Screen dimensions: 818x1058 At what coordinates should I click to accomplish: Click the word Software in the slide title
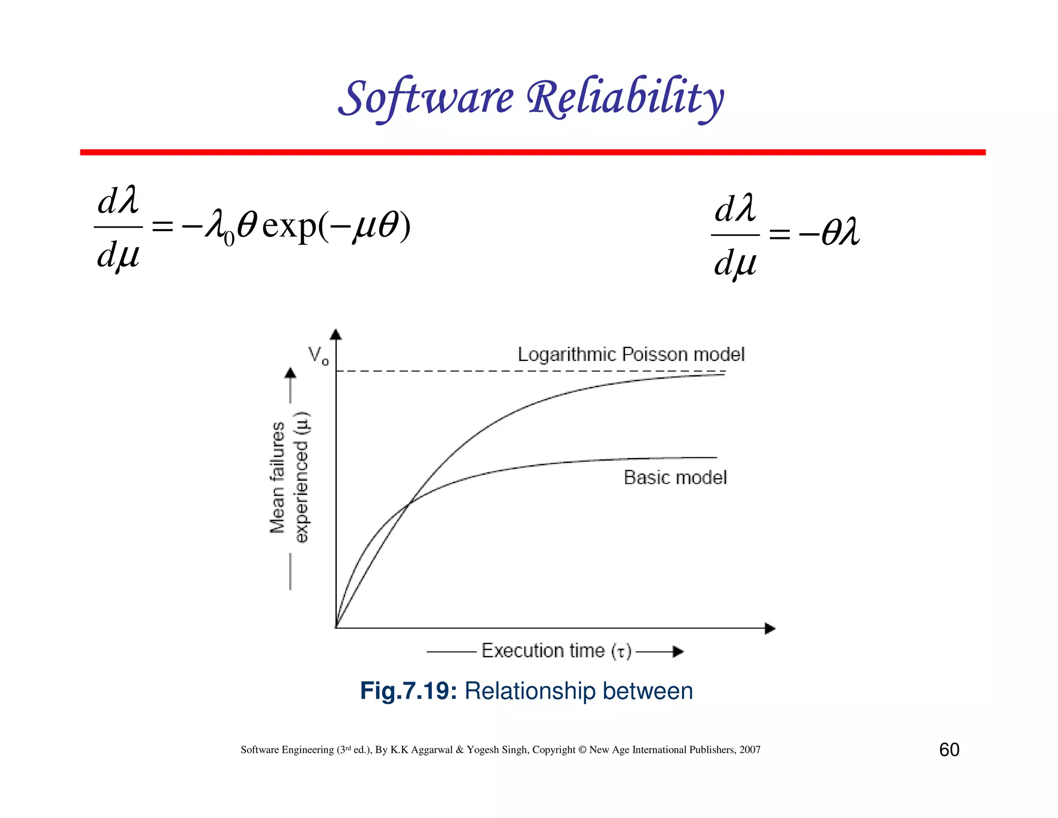(x=427, y=98)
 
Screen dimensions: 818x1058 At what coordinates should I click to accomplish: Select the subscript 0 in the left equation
(x=229, y=239)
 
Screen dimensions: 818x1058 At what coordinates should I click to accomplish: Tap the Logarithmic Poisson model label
(x=631, y=355)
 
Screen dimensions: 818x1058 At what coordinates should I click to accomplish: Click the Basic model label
(x=675, y=477)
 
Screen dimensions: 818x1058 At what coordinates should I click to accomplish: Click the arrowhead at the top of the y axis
(x=336, y=334)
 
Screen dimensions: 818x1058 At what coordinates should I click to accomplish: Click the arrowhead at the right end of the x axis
(x=770, y=629)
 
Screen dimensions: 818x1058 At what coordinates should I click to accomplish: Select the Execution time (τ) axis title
(x=556, y=650)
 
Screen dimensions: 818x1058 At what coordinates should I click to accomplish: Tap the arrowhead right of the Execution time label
(x=678, y=652)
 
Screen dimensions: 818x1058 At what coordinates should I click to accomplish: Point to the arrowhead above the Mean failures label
(x=290, y=373)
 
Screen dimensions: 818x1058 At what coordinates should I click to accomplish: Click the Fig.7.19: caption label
(x=408, y=691)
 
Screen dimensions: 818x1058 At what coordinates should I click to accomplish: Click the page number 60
(x=948, y=750)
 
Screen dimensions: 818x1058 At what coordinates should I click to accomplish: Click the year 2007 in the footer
(x=750, y=750)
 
